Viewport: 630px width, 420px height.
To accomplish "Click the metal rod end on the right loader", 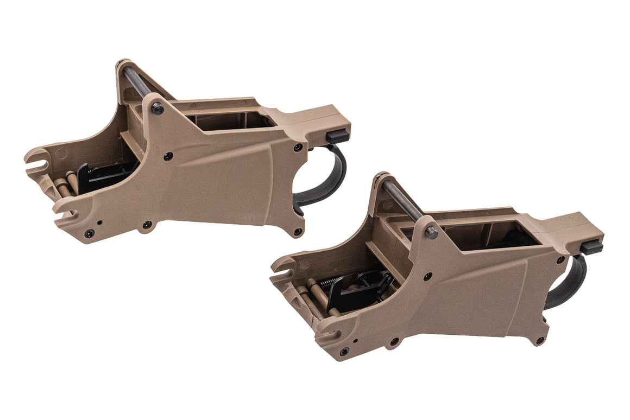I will click(x=432, y=233).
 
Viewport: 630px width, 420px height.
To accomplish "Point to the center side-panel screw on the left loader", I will click(x=168, y=156).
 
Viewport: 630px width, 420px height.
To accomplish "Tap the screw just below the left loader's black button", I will click(x=298, y=147).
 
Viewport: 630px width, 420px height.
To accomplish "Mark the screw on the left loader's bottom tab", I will click(x=147, y=225).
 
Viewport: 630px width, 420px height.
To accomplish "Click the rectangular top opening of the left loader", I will click(x=228, y=121).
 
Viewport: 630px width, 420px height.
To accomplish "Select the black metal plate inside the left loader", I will click(x=103, y=176).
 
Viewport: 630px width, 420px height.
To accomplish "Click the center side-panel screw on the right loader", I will click(x=427, y=276).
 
